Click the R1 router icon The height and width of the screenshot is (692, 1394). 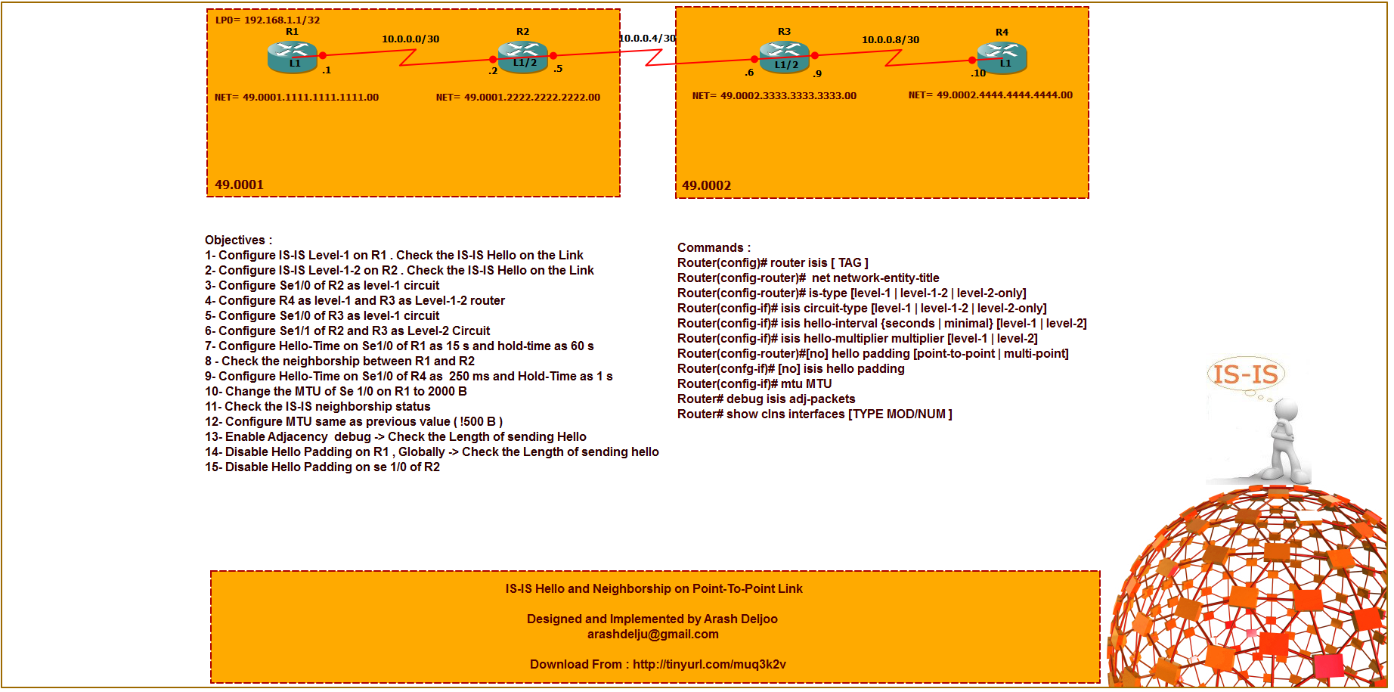click(x=292, y=57)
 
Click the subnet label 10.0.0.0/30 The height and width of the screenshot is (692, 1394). click(x=410, y=39)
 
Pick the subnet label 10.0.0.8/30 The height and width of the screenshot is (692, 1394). click(x=891, y=39)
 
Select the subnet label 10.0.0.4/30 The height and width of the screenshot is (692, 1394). click(x=647, y=38)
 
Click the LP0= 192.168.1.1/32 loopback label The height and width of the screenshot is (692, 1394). click(x=268, y=20)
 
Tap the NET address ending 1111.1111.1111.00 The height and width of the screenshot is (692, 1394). click(x=296, y=97)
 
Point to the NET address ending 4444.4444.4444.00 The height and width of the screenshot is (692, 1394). click(x=990, y=95)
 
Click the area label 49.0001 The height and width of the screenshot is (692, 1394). click(x=239, y=185)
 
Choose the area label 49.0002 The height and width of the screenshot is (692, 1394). click(x=706, y=185)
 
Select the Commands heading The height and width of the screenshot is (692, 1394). click(x=714, y=247)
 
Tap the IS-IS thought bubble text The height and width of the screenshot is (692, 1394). click(x=1245, y=374)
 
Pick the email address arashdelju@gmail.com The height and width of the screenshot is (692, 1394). click(x=653, y=634)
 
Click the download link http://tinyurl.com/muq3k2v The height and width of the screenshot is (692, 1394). click(x=709, y=664)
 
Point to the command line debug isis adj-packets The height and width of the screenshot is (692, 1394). click(x=766, y=399)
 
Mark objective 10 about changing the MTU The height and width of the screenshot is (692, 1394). click(x=336, y=391)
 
